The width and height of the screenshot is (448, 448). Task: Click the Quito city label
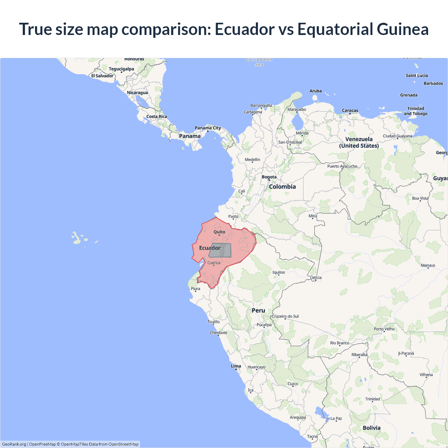219,232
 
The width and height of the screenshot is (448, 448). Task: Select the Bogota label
269,177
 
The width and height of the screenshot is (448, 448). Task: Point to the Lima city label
236,366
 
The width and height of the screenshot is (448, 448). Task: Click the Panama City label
208,128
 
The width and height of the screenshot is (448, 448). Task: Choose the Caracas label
350,111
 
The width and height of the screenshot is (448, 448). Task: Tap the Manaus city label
428,265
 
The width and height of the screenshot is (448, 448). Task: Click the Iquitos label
279,272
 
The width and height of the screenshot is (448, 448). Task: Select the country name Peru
258,310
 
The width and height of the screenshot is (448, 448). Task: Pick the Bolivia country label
371,428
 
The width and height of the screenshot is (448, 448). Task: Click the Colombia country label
282,187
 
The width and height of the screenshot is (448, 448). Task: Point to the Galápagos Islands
77,238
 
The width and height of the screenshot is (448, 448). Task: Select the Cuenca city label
214,263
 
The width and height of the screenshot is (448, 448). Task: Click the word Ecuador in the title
245,29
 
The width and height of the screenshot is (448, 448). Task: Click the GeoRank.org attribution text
14,444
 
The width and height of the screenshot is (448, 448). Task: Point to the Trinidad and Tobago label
415,111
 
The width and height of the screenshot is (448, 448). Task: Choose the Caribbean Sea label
259,62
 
